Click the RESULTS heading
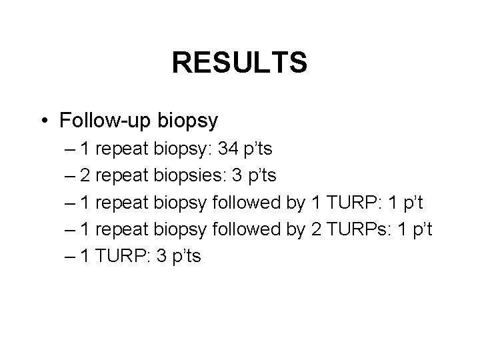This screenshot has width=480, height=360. (x=239, y=63)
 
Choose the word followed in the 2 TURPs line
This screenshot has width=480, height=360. (x=242, y=230)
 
